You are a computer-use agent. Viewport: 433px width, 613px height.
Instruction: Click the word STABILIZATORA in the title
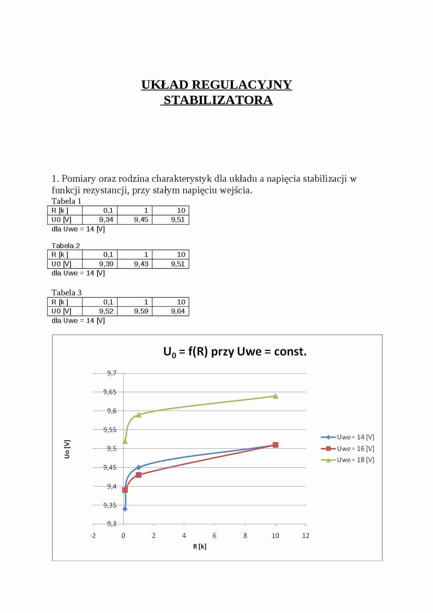(218, 100)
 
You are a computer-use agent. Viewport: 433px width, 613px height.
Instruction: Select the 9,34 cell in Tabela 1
(100, 220)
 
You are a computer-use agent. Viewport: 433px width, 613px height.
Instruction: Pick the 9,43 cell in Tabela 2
(135, 264)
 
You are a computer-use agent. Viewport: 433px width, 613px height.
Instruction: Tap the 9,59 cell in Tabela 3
(135, 311)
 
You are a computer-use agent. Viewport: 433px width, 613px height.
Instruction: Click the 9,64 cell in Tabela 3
(171, 311)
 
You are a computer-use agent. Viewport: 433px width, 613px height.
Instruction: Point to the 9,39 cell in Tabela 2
(100, 264)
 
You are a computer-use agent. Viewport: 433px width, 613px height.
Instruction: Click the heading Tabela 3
(66, 293)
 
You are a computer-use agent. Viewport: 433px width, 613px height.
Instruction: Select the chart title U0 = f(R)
(235, 352)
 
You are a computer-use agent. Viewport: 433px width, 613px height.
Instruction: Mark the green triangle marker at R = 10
(276, 396)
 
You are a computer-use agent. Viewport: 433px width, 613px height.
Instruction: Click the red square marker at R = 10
(276, 445)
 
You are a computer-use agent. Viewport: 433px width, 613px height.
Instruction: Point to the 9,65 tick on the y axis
(110, 392)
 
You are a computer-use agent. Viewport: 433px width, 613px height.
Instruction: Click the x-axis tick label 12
(306, 536)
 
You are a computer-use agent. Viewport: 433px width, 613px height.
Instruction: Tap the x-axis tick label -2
(93, 536)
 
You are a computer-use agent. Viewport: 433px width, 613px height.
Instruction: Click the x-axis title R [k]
(200, 547)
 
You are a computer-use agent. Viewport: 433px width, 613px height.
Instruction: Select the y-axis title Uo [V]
(67, 449)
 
